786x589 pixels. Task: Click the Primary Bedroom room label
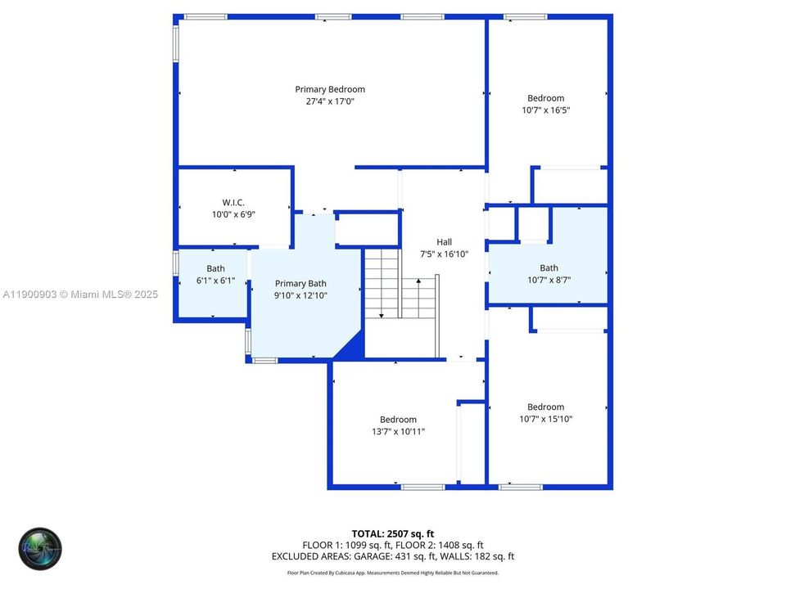point(330,89)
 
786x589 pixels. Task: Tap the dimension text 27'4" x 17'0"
point(330,101)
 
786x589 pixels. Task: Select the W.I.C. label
point(233,202)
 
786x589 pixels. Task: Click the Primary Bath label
point(300,283)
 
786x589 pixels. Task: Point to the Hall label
point(444,241)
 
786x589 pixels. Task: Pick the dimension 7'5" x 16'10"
point(444,254)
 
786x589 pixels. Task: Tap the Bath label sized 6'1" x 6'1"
point(215,268)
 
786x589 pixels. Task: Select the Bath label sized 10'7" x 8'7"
point(549,268)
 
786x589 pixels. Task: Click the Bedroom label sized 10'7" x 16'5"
point(545,98)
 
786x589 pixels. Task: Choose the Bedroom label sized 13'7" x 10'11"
point(398,420)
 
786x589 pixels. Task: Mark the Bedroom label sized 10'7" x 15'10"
point(545,407)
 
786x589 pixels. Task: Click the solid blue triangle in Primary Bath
point(350,347)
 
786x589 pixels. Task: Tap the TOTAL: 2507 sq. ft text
point(393,533)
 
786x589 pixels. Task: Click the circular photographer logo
point(40,549)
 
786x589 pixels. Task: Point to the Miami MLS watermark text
point(80,294)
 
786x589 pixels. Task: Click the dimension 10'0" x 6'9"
point(233,214)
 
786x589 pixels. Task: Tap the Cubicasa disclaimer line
point(393,573)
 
